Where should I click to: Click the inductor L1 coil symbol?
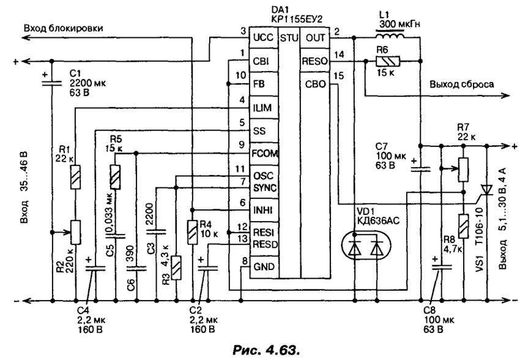tap(390, 34)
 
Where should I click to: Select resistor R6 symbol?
tap(388, 61)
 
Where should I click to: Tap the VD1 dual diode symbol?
tap(366, 244)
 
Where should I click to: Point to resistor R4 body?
tap(192, 232)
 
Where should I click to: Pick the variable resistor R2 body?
tap(76, 232)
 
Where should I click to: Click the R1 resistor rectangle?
tap(76, 177)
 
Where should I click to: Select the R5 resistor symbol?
tap(116, 176)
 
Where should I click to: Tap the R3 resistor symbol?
tap(176, 268)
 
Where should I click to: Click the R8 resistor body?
tap(463, 226)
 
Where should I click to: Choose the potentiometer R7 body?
tap(463, 170)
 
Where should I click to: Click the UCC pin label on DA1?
tap(263, 37)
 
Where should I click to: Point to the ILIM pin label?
tap(262, 108)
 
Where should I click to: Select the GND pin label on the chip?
tap(264, 266)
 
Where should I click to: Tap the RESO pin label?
tap(314, 61)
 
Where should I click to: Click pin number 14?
tap(340, 54)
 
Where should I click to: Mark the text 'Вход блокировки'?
tap(63, 28)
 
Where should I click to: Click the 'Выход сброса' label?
tap(462, 84)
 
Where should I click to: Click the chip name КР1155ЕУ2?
tap(297, 20)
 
